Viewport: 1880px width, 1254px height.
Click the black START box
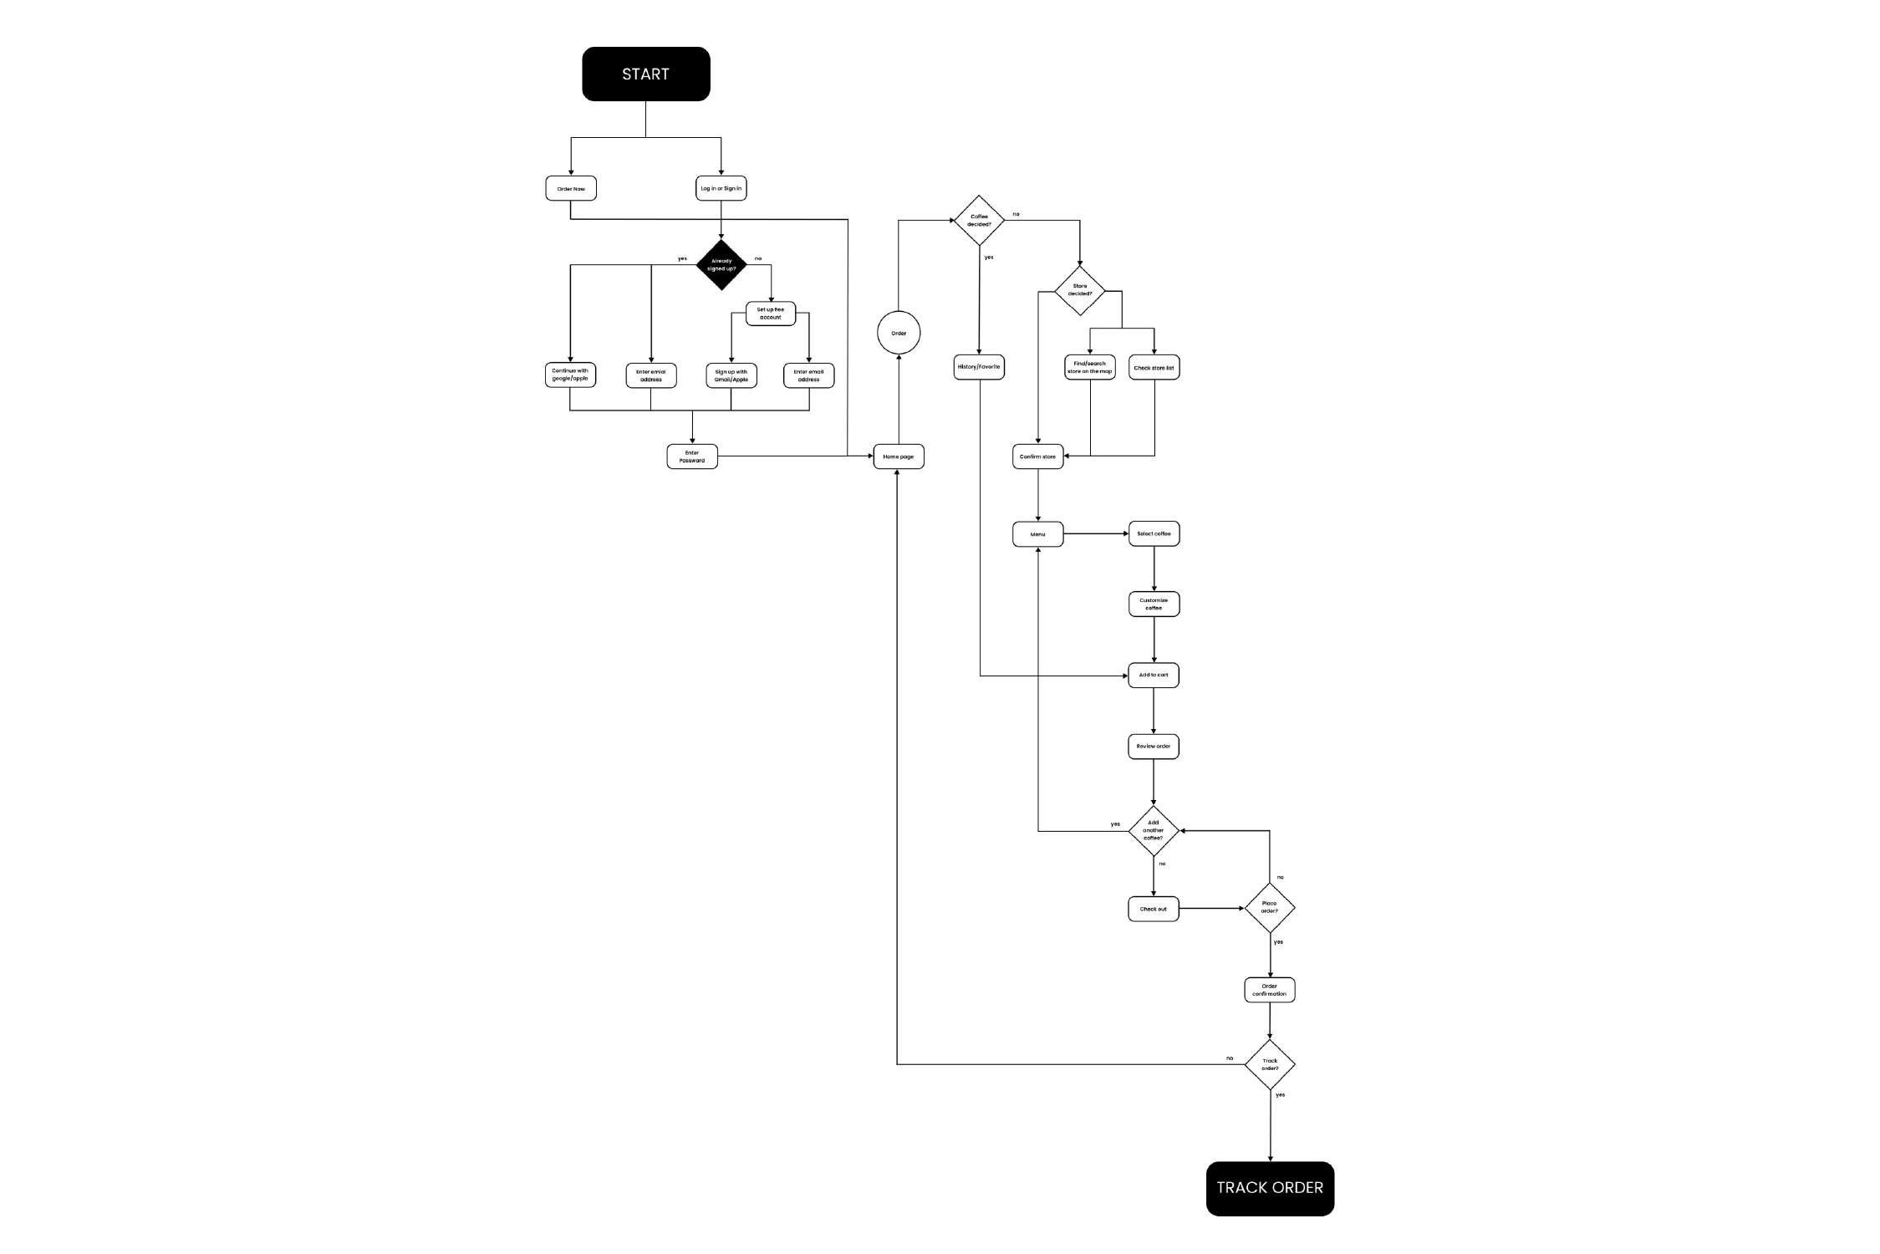[x=645, y=74]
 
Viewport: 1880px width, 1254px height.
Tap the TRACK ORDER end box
[x=1269, y=1188]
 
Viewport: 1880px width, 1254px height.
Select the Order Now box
[x=571, y=189]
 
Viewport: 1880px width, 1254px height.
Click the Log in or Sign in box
[x=721, y=189]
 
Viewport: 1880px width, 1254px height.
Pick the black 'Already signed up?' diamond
[x=721, y=265]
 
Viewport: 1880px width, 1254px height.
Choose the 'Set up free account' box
[x=770, y=313]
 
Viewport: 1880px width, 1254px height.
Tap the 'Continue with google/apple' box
[x=570, y=375]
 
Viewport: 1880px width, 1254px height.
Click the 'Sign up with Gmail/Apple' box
[x=731, y=375]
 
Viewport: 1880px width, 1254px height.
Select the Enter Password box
[x=692, y=456]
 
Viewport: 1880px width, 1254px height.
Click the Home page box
[x=899, y=456]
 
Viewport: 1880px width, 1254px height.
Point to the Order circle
[x=899, y=333]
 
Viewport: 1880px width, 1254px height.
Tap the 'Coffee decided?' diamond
[x=979, y=221]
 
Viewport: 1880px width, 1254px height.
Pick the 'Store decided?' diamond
[x=1079, y=290]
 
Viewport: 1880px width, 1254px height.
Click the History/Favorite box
[x=979, y=367]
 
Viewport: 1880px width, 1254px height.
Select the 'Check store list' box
[x=1154, y=368]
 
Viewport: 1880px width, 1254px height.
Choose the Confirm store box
[x=1037, y=456]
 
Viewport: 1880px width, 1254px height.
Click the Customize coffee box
[x=1154, y=604]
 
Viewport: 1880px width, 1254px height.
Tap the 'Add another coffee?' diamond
[x=1154, y=830]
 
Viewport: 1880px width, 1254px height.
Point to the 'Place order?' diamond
[x=1269, y=907]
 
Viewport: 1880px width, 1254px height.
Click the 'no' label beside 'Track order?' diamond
[x=1230, y=1058]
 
